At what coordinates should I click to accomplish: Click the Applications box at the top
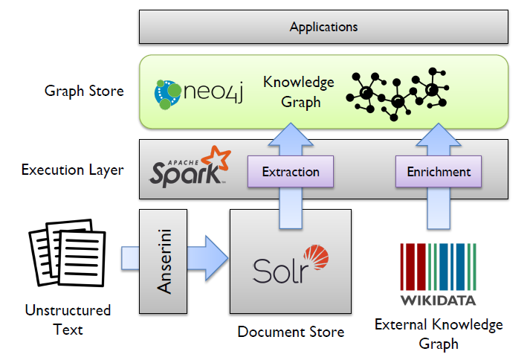(x=324, y=28)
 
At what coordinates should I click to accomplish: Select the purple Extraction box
(x=290, y=172)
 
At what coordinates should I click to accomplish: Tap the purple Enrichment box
(x=439, y=172)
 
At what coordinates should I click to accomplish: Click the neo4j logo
(x=198, y=92)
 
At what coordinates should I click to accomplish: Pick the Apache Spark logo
(x=186, y=167)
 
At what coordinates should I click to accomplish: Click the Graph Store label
(x=84, y=91)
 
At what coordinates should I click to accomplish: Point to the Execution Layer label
(x=72, y=170)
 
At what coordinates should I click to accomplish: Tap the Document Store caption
(x=291, y=332)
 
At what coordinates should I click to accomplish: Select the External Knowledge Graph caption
(x=439, y=334)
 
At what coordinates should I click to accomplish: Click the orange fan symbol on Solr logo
(x=315, y=258)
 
